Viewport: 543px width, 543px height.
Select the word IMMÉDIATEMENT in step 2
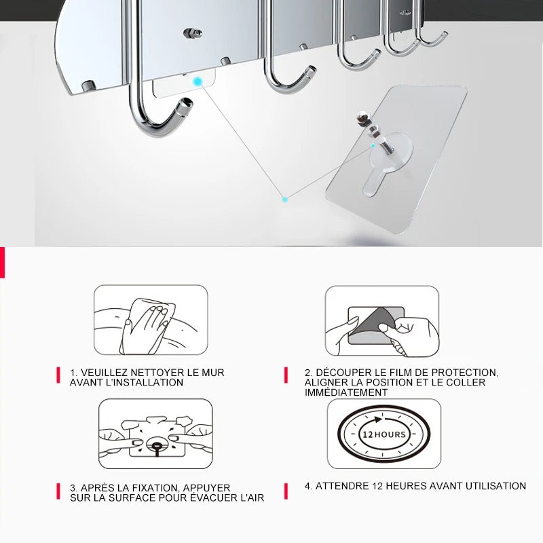[346, 392]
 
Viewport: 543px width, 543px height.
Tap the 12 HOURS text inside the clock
[383, 434]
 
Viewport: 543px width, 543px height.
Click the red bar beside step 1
[58, 375]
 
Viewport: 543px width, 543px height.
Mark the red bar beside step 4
[286, 491]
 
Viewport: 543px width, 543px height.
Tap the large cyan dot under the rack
[198, 82]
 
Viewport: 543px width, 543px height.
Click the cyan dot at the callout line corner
[284, 200]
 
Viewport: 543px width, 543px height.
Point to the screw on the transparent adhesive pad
[375, 133]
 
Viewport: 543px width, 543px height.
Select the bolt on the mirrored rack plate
[193, 33]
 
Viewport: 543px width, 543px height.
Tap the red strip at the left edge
[2, 262]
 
